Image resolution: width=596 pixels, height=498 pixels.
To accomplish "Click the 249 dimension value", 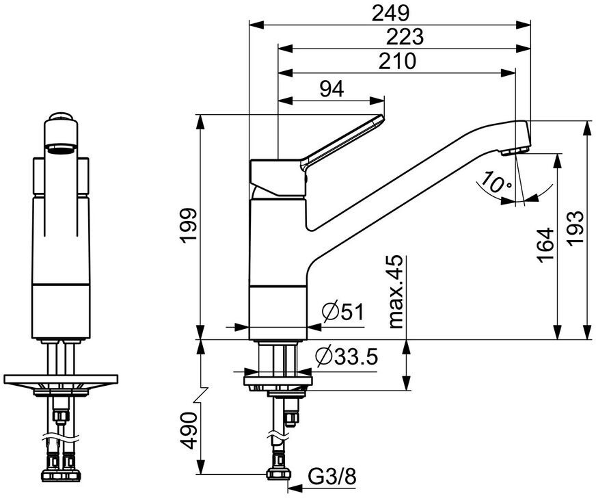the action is [x=390, y=14].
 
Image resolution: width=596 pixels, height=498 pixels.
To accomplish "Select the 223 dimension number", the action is [x=405, y=37].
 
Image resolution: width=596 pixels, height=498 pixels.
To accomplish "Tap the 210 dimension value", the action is [x=397, y=61].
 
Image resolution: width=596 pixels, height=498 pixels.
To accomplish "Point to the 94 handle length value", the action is [x=331, y=90].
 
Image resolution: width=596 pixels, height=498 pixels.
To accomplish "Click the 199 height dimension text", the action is [x=189, y=226].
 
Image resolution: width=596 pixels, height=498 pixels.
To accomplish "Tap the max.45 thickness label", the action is [x=396, y=292].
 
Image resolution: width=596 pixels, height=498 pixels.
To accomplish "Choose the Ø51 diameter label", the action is [x=342, y=312].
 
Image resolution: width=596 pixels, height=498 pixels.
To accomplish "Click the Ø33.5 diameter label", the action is [x=347, y=357].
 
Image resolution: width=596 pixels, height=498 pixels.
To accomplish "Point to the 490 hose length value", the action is [x=189, y=431].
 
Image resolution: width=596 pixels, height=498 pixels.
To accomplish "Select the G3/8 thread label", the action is [x=332, y=476].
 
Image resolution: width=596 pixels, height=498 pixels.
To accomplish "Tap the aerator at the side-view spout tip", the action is [x=515, y=150].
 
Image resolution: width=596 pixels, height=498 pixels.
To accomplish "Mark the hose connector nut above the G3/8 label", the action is [x=279, y=473].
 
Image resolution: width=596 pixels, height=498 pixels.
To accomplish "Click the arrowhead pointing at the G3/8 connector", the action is [x=295, y=487].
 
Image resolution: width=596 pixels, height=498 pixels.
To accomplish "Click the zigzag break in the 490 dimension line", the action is [x=201, y=395].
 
